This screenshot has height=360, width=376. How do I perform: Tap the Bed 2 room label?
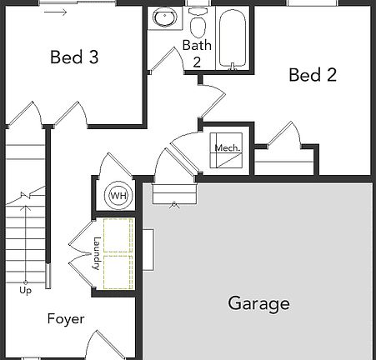313,76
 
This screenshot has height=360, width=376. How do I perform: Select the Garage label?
258,303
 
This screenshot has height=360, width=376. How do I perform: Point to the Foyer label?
66,319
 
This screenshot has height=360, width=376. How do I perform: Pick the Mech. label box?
227,150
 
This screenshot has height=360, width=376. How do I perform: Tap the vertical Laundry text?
97,253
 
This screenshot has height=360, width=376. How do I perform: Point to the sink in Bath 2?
163,18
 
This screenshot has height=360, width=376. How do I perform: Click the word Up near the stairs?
26,291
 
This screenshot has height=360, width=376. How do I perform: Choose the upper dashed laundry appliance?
117,235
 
